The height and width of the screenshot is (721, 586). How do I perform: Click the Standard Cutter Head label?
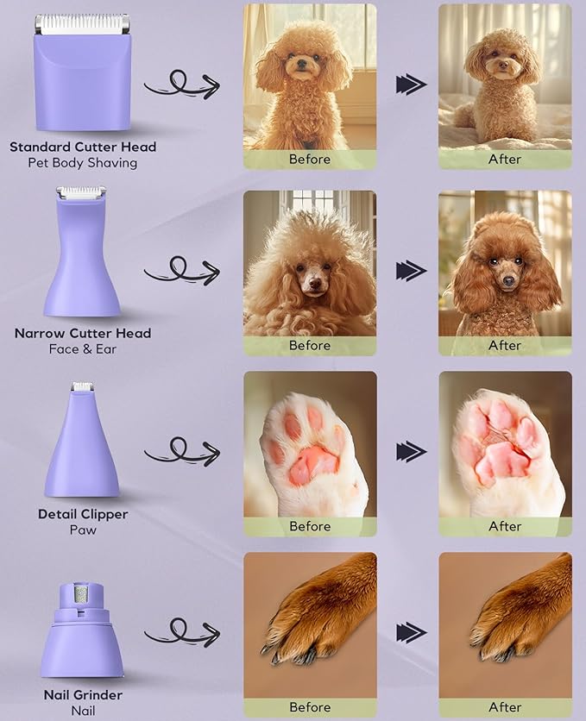[83, 147]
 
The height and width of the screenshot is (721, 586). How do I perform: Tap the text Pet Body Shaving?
[83, 163]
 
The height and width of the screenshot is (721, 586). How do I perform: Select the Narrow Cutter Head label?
[83, 333]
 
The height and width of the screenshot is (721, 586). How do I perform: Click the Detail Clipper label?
[83, 514]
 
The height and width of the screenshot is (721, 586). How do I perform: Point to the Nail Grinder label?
[83, 695]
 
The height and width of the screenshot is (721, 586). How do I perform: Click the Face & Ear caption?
[83, 349]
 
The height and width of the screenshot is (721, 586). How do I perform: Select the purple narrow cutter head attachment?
[82, 259]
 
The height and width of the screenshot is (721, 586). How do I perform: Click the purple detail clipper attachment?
[82, 448]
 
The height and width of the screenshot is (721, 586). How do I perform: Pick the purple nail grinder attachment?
[82, 634]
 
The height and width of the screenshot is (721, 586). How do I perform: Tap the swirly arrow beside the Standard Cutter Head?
[180, 84]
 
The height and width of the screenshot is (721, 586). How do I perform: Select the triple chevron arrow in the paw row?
[411, 451]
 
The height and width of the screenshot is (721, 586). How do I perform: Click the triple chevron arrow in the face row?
[411, 271]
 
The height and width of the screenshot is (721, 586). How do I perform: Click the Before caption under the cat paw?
[310, 526]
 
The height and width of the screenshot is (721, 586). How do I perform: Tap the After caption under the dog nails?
[505, 707]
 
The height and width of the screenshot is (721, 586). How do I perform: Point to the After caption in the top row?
[505, 159]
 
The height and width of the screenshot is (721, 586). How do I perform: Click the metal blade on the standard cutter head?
[82, 25]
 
